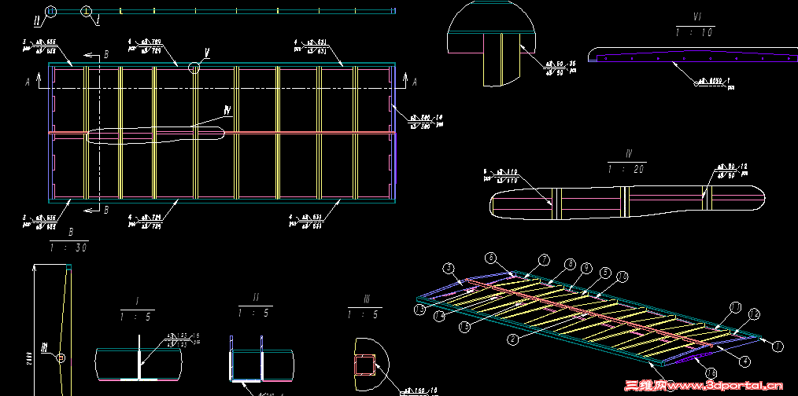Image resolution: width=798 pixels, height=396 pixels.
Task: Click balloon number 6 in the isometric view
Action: pos(491,257)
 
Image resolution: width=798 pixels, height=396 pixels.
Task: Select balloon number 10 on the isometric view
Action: pos(623,277)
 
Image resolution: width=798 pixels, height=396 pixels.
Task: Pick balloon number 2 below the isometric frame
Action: pos(512,339)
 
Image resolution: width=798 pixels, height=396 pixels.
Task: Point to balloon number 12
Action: pos(754,314)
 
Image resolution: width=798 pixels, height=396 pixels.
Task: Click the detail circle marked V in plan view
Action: pos(194,68)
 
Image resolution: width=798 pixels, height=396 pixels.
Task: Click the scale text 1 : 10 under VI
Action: pos(695,31)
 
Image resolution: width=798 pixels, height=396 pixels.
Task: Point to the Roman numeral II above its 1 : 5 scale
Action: pos(256,299)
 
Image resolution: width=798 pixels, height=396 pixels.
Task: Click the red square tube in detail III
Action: pos(366,365)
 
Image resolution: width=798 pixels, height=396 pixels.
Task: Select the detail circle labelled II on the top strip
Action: pos(51,11)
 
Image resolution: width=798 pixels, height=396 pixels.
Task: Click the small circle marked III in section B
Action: pos(62,358)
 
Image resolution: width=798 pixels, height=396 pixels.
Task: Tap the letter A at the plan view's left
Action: pos(28,81)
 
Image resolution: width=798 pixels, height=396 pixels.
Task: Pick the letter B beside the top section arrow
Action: pos(106,55)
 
